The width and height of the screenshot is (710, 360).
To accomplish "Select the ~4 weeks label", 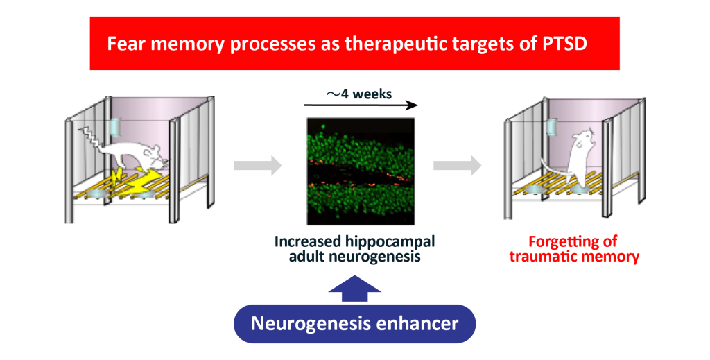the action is [359, 94].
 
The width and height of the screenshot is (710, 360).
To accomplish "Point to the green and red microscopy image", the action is [361, 171].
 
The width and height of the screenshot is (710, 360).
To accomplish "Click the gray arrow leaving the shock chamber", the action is [258, 165].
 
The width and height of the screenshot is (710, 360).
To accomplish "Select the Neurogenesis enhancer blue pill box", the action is [354, 324].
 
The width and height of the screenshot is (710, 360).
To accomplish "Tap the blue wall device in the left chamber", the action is [116, 127].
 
